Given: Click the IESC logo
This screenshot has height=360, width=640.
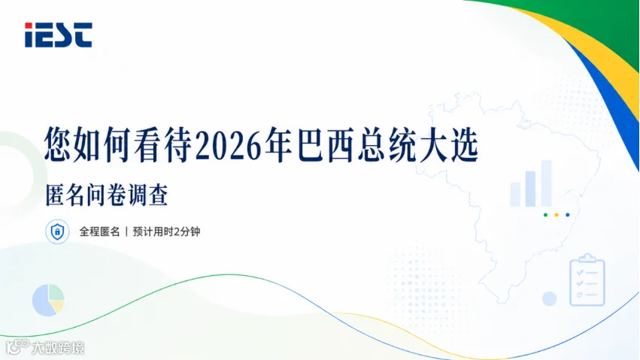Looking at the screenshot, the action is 59,35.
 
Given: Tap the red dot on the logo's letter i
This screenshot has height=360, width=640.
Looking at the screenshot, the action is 29,26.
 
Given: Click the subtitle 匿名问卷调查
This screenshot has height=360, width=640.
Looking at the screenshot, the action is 107,195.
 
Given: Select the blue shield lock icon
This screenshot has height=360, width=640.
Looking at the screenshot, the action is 57,231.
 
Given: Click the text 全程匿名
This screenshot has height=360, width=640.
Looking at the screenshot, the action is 99,231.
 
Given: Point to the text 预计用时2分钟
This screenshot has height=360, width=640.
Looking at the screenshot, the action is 166,231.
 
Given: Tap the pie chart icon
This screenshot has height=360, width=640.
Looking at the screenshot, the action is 48,300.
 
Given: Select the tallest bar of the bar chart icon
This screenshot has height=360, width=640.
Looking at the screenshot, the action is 546,183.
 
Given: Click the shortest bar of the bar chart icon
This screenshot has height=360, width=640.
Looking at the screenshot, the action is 515,194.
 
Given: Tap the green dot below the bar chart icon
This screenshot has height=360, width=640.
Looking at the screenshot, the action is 545,215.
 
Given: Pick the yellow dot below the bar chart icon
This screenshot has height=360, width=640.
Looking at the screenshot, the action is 557,215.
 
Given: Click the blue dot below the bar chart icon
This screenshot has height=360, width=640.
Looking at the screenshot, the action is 567,215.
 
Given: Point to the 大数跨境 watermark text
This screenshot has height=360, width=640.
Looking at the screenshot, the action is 58,348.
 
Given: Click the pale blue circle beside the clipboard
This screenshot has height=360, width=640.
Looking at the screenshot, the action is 550,299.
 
